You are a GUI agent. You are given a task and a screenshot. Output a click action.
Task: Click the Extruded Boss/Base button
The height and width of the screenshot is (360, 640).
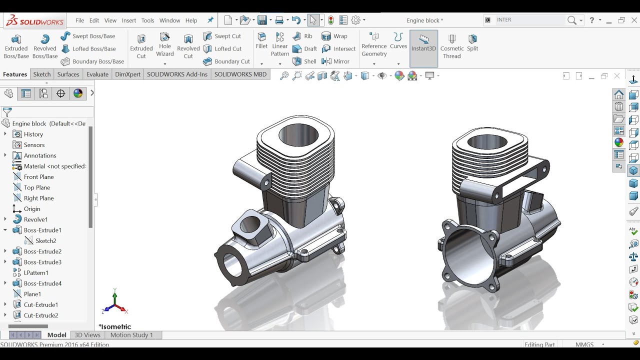click(x=16, y=46)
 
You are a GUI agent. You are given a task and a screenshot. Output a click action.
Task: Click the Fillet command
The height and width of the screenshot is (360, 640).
click(x=261, y=40)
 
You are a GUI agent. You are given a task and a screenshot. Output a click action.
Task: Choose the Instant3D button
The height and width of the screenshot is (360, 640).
click(x=423, y=43)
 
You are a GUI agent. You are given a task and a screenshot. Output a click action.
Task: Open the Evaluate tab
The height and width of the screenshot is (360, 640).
click(x=97, y=74)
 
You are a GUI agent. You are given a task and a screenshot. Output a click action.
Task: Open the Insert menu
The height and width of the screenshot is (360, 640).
click(x=129, y=20)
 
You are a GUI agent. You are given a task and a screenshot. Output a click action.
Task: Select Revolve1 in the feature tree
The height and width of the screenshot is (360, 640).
click(x=35, y=219)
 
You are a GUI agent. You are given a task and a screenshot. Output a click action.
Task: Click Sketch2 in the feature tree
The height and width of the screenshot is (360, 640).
click(x=45, y=241)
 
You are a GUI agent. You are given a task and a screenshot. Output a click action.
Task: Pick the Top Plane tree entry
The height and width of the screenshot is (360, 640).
click(x=36, y=187)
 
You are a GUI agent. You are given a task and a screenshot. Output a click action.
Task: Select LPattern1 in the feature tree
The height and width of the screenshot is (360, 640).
click(x=36, y=273)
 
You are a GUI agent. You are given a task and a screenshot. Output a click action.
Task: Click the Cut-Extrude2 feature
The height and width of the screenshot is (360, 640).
click(x=41, y=315)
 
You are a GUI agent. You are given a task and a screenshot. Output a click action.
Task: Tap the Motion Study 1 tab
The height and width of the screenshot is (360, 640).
click(x=131, y=335)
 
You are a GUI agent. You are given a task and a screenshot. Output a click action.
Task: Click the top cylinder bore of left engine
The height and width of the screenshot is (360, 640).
click(x=298, y=134)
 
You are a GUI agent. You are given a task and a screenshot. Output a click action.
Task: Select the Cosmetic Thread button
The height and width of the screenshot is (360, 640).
click(x=452, y=46)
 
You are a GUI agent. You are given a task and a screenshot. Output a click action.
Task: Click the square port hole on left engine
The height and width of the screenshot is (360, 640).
click(x=250, y=225)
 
